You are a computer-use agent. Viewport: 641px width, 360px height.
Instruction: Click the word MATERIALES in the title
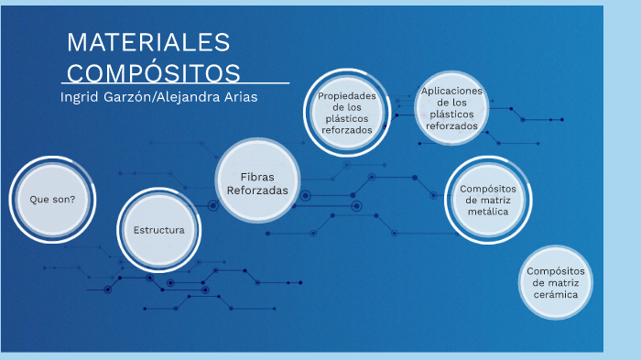point(148,42)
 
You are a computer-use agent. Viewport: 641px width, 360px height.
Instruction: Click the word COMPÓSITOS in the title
point(154,72)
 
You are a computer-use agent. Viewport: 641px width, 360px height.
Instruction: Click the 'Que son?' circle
point(52,199)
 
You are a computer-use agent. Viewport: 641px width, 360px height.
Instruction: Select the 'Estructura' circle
point(159,229)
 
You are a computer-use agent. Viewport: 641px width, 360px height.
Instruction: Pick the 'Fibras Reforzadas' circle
point(257,182)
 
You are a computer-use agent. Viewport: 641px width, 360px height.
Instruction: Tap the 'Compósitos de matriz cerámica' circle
point(556,283)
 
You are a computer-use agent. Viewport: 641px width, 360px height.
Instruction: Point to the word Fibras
point(257,176)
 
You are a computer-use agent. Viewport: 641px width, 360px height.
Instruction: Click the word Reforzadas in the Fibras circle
point(257,190)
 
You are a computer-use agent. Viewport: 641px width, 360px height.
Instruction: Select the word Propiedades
point(347,96)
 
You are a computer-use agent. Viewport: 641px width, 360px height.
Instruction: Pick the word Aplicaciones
point(451,91)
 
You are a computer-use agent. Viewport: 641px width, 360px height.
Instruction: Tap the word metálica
point(488,211)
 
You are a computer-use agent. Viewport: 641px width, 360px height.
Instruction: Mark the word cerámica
point(556,295)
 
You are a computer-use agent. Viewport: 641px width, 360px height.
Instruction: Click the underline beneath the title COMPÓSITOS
point(179,83)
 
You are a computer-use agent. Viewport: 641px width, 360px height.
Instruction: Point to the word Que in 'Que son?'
point(40,199)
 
